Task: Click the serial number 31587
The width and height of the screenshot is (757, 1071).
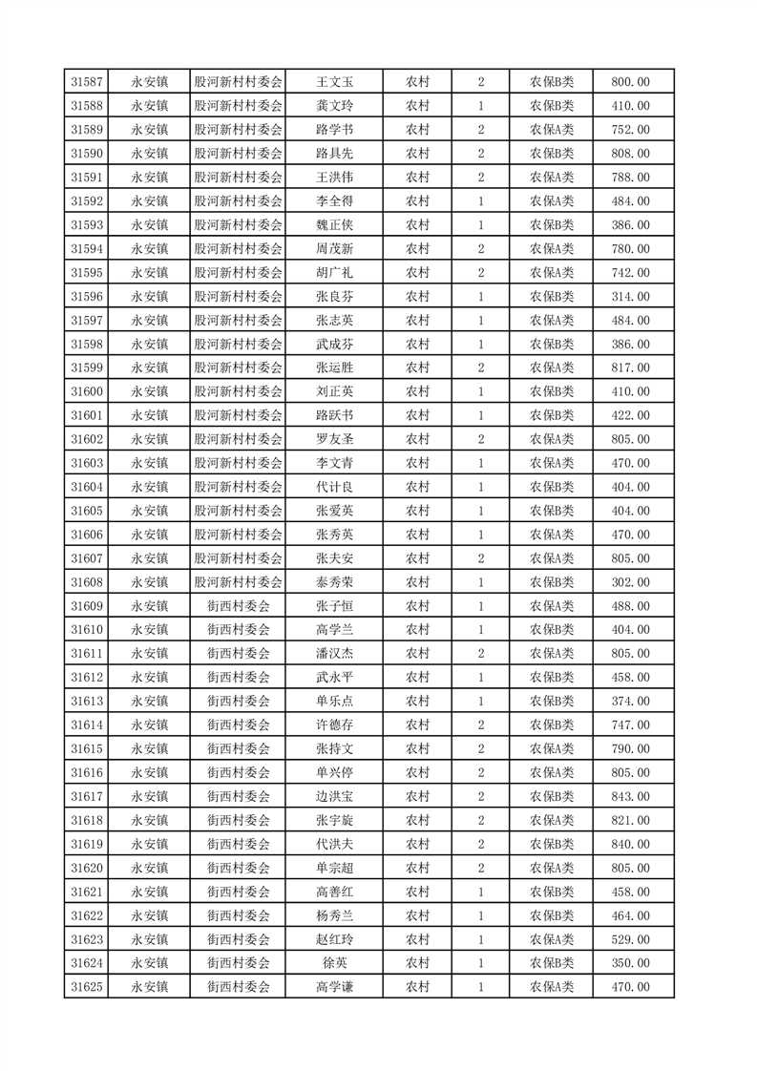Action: tap(88, 82)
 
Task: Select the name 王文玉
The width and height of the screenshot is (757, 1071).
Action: tap(334, 82)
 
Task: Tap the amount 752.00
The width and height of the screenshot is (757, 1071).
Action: tap(630, 130)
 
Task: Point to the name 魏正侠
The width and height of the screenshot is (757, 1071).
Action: tap(334, 225)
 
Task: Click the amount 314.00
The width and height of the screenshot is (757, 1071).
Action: tap(630, 297)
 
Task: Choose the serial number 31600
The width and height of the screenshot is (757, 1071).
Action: tap(88, 391)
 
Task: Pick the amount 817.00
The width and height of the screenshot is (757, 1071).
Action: tap(630, 367)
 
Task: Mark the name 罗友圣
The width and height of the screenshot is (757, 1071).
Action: tap(334, 439)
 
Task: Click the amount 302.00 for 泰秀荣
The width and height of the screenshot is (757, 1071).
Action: tap(630, 582)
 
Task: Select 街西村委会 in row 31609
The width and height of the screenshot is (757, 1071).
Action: tap(239, 606)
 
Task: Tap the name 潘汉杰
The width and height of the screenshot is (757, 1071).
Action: tap(334, 654)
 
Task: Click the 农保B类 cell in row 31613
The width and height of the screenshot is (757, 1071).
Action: tap(552, 701)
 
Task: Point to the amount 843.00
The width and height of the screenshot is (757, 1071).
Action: tap(630, 796)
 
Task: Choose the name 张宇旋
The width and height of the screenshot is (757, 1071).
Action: tap(334, 820)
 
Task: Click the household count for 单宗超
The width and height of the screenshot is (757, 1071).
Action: tap(480, 868)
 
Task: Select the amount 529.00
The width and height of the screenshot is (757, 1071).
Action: tap(630, 939)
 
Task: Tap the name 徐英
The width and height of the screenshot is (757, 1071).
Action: tap(334, 963)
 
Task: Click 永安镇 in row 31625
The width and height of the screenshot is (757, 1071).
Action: tap(150, 987)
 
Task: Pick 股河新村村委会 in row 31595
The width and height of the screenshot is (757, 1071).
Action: tap(239, 273)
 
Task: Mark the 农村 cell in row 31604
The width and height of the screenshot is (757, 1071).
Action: tap(418, 487)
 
